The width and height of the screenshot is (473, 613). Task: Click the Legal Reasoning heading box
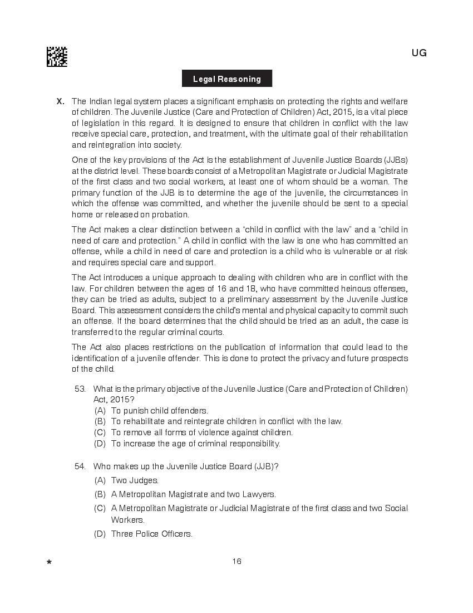click(227, 79)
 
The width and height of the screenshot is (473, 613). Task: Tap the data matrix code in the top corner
click(57, 57)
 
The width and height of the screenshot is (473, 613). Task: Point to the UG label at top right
click(419, 53)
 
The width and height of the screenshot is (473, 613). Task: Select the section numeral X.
click(61, 101)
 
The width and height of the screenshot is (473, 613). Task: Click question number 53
click(80, 389)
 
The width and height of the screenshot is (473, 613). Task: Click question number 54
click(80, 466)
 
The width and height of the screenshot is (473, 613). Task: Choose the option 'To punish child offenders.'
click(159, 411)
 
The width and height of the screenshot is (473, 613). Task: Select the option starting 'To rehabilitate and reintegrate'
click(226, 421)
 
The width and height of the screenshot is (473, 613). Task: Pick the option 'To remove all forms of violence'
click(201, 432)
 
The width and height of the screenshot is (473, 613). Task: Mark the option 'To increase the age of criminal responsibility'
click(195, 444)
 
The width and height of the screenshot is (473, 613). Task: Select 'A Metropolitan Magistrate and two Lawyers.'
click(193, 494)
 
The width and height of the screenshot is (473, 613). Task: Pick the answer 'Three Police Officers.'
click(151, 534)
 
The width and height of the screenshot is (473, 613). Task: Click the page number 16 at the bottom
click(237, 561)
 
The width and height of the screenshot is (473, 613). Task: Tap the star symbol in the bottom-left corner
click(50, 563)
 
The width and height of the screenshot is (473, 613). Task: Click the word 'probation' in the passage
click(171, 215)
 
